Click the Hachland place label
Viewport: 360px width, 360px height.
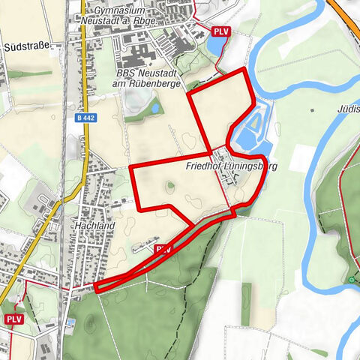[x=94, y=224]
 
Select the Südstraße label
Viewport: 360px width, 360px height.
[x=26, y=46]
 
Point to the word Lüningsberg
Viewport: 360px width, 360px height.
[x=245, y=166]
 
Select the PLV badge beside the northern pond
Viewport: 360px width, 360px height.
[x=220, y=31]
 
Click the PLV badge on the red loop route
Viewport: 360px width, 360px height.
[x=163, y=248]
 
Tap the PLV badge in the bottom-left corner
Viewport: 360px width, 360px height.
[x=14, y=319]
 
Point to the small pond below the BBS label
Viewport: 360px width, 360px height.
[x=155, y=108]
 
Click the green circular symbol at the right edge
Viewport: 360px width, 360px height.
[x=352, y=280]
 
